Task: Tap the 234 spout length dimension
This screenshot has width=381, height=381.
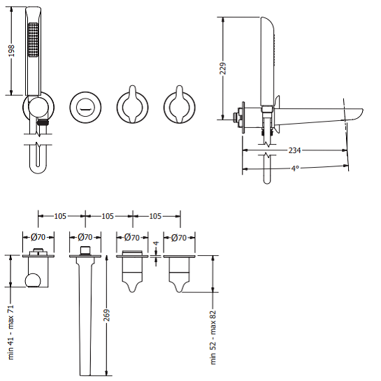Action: tap(294, 150)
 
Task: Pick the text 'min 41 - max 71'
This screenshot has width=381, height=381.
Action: tap(11, 331)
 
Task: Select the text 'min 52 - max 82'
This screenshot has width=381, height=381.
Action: tap(213, 338)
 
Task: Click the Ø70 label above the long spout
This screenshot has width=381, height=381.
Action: tap(85, 238)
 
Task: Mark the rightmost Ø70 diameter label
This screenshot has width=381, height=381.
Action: tap(179, 238)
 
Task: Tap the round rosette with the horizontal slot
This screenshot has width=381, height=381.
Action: tap(85, 107)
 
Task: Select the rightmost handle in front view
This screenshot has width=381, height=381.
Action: tap(179, 106)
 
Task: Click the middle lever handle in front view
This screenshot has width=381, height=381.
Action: tap(131, 106)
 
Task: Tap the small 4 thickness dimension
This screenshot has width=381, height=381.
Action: tap(156, 244)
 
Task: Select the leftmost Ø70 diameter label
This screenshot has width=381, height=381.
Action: tap(38, 238)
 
